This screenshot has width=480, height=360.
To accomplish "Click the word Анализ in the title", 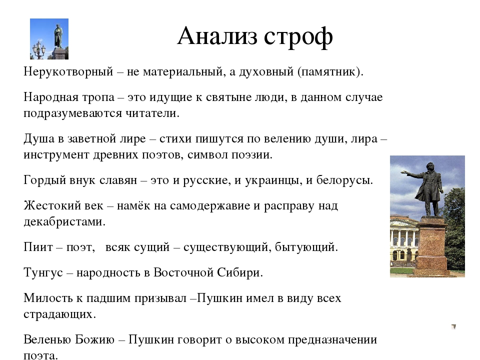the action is click(x=217, y=36).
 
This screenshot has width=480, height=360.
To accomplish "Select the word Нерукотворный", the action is click(x=68, y=72).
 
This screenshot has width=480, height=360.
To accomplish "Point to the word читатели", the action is click(x=152, y=113).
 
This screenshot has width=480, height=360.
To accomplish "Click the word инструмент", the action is click(x=56, y=155).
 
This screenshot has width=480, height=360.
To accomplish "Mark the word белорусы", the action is click(x=344, y=180).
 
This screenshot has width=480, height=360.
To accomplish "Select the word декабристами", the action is click(x=64, y=221).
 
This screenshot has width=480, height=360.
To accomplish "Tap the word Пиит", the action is click(x=38, y=246).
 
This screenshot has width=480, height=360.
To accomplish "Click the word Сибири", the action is click(x=240, y=272).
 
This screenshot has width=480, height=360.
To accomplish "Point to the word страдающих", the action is click(x=59, y=314).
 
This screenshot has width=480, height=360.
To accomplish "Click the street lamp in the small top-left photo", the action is click(x=39, y=49).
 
